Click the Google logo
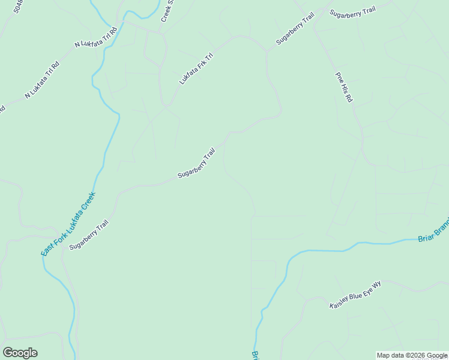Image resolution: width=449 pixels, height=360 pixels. point(20,353)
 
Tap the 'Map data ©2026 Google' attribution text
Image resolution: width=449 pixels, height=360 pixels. point(412,355)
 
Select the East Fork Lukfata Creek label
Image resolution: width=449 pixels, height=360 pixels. point(68,224)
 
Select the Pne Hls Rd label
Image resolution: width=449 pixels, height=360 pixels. point(343,88)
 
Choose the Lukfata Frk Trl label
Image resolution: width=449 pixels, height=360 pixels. point(196,68)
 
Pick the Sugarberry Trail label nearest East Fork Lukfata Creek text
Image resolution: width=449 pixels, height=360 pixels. point(88,236)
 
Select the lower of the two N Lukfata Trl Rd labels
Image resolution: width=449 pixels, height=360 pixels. point(42,79)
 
